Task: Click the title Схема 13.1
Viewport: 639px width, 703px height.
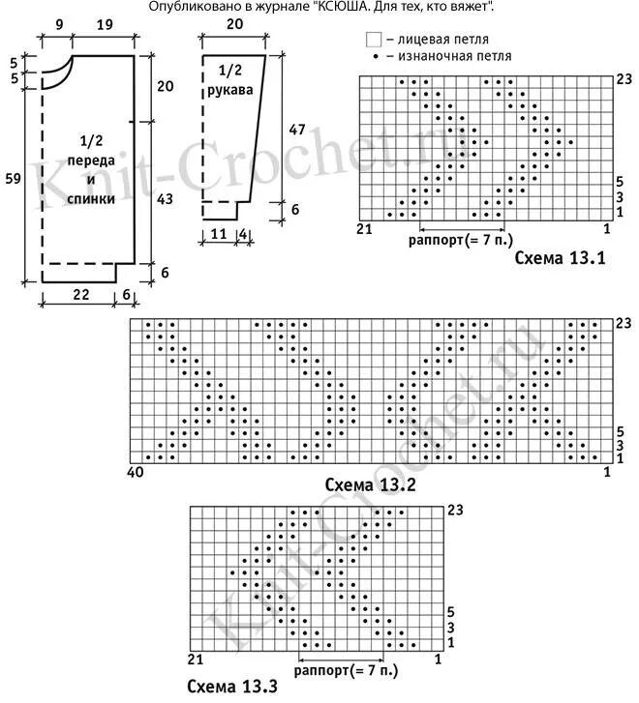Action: pos(560,258)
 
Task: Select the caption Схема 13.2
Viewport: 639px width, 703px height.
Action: pos(370,484)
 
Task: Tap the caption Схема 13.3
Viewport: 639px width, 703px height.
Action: pos(232,688)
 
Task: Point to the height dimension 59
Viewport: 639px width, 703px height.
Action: pos(13,178)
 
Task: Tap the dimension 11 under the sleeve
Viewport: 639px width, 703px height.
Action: pos(218,234)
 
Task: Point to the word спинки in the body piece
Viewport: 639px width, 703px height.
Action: pos(92,199)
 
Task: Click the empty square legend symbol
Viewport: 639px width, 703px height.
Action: pos(373,40)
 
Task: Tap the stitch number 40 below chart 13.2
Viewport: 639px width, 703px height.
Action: pos(136,473)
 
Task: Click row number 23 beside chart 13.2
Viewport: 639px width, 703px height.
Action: pos(624,321)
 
